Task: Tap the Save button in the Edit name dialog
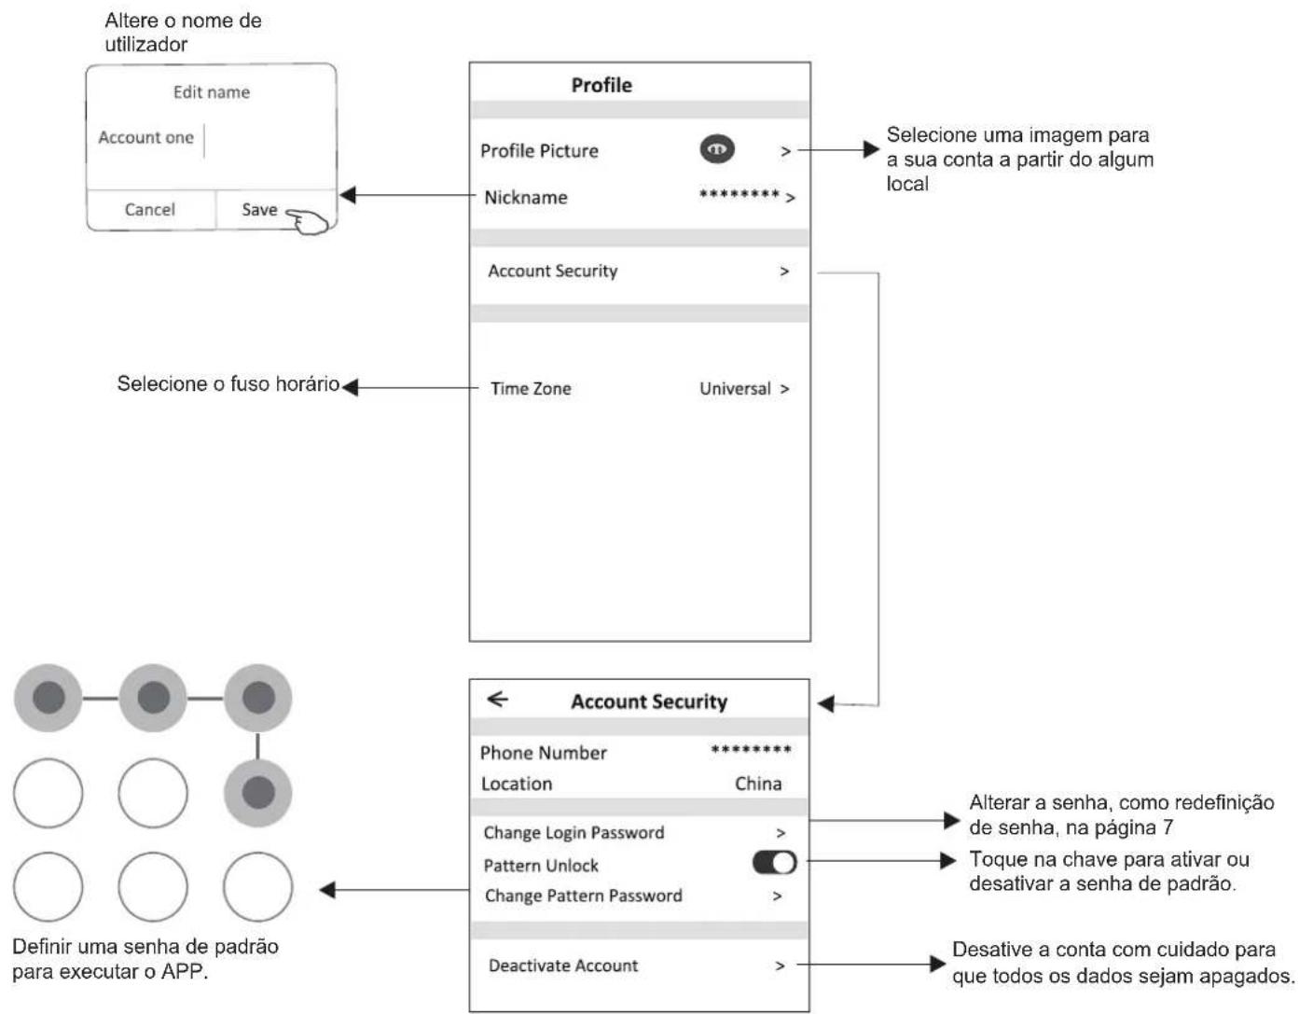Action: pyautogui.click(x=259, y=210)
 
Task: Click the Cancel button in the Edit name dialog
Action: pyautogui.click(x=149, y=210)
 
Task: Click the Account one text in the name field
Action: pyautogui.click(x=145, y=137)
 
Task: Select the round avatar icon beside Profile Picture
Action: pyautogui.click(x=717, y=149)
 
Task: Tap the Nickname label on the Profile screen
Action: pyautogui.click(x=525, y=198)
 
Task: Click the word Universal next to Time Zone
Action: pyautogui.click(x=735, y=389)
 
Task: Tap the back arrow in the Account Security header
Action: pyautogui.click(x=497, y=699)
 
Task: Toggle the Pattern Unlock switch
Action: pyautogui.click(x=774, y=862)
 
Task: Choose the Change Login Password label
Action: pyautogui.click(x=573, y=832)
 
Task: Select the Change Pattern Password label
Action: pyautogui.click(x=583, y=896)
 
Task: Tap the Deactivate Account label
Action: pyautogui.click(x=563, y=965)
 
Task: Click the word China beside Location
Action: pyautogui.click(x=758, y=784)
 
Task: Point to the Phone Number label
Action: pyautogui.click(x=543, y=753)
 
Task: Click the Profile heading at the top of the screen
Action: pyautogui.click(x=601, y=85)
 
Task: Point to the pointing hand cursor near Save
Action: pyautogui.click(x=307, y=221)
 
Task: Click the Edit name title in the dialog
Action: pyautogui.click(x=212, y=92)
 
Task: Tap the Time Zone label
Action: pyautogui.click(x=531, y=389)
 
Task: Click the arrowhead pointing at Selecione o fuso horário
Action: pyautogui.click(x=351, y=387)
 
